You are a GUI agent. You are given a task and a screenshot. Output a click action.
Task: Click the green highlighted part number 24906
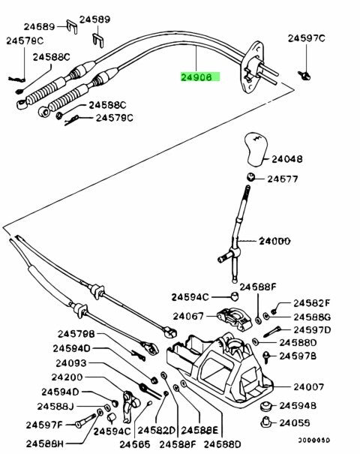click(198, 77)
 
